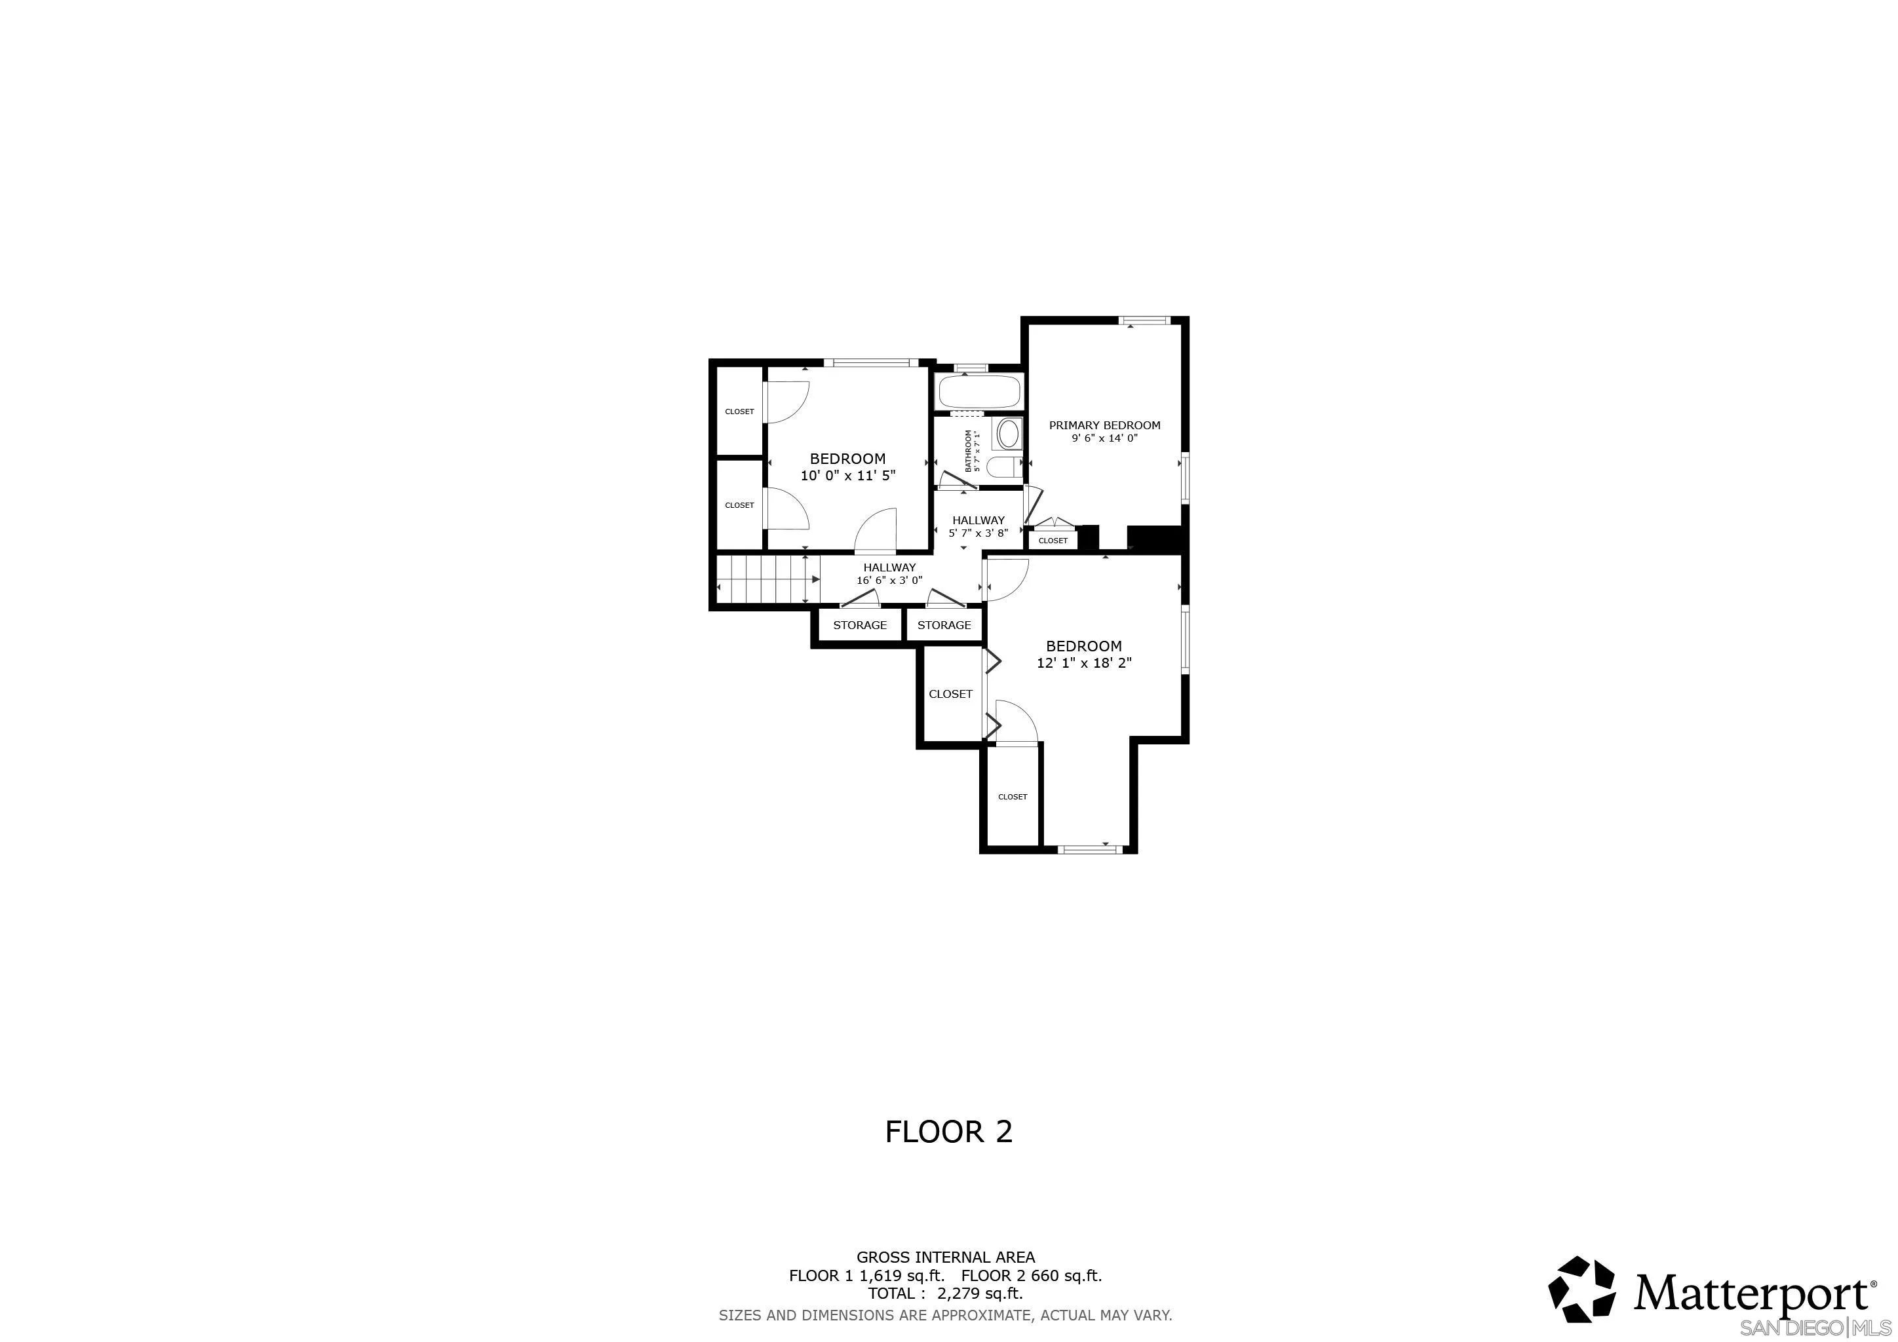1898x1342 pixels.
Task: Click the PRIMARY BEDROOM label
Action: click(1104, 425)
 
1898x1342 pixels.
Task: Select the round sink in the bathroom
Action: click(1009, 433)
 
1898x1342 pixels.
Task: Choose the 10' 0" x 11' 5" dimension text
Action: click(847, 476)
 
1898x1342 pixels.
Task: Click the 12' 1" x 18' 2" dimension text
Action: click(1084, 662)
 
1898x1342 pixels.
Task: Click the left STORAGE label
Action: click(860, 626)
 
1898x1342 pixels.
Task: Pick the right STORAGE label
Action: click(944, 626)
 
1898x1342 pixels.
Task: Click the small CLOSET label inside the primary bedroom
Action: click(1053, 541)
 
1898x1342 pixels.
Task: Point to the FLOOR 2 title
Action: click(948, 1132)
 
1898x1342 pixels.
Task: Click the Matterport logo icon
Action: click(1581, 1289)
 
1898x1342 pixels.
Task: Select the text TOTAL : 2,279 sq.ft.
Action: click(945, 1294)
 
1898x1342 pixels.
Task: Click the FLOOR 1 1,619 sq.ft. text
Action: click(866, 1276)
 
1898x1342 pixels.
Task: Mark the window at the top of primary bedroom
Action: click(1145, 320)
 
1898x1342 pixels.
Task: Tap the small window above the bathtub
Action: click(971, 368)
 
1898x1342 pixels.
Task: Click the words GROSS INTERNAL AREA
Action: click(945, 1257)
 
